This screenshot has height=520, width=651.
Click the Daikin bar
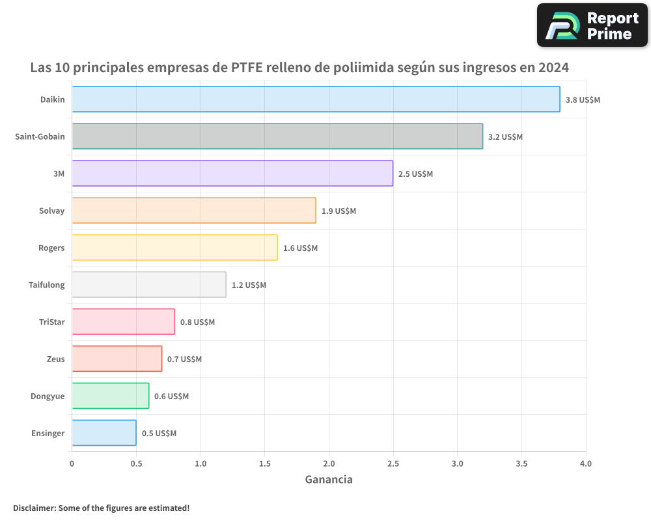316,99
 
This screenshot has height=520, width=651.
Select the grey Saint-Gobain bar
277,136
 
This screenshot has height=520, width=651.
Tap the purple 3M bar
232,174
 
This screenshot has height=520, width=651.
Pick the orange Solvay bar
194,211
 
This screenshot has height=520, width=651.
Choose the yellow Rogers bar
174,248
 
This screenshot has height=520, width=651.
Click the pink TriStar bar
123,322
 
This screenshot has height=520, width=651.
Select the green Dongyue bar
110,396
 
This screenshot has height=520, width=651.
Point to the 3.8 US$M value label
583,100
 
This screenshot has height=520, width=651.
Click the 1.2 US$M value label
249,285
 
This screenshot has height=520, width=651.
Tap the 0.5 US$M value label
159,434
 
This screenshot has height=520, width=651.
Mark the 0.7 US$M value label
184,359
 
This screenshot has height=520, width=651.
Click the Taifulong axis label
47,285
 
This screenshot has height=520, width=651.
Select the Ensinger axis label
48,433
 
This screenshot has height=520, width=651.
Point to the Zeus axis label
56,359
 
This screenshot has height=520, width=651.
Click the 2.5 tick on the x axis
393,463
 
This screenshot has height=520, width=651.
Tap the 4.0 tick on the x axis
585,463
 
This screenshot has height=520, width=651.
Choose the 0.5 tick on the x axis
136,463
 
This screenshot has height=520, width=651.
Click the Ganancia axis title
329,480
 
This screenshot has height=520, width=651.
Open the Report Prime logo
592,25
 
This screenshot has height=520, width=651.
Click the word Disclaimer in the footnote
34,508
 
